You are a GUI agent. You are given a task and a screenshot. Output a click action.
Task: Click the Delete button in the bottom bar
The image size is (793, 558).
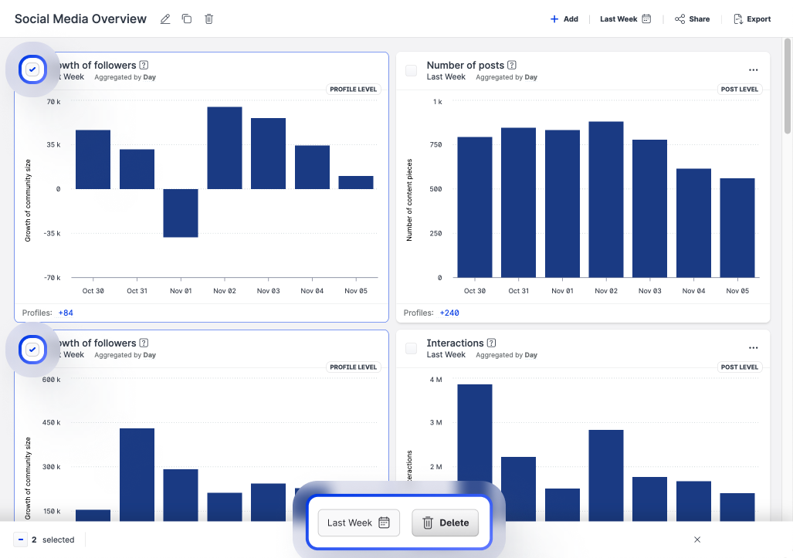pos(446,522)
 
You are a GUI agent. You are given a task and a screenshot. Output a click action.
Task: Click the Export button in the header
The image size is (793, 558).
pos(752,19)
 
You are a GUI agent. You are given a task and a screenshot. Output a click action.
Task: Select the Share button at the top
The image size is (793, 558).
pos(692,19)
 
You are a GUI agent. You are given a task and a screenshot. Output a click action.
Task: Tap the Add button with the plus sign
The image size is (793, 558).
pos(564,19)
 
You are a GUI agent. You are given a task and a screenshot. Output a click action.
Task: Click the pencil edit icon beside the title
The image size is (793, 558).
pos(165,19)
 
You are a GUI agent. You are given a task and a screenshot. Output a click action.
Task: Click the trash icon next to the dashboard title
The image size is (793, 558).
pos(208,19)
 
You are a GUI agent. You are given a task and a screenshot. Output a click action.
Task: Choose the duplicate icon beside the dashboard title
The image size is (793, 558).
pos(187,19)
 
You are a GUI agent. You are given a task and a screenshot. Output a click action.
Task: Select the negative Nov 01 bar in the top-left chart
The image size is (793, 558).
pos(181,213)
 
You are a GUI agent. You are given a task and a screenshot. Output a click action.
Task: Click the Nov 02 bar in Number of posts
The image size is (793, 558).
pos(606,199)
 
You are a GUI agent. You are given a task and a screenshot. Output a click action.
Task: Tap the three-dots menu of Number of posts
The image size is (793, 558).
pos(754,70)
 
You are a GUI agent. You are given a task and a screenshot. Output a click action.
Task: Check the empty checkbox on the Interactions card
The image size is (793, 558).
pos(411,348)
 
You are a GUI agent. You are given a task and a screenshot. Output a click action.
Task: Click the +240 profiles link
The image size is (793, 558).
pos(449,313)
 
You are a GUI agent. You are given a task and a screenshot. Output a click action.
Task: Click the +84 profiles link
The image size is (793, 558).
pos(66,313)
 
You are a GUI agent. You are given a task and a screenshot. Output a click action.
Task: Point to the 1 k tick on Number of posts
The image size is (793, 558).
pos(437,102)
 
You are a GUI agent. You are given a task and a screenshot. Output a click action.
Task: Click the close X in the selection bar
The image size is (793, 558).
pos(697,539)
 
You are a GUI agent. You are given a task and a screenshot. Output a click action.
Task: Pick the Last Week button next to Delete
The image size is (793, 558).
pos(358,522)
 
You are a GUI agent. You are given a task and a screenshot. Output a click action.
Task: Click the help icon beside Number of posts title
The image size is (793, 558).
pos(512,66)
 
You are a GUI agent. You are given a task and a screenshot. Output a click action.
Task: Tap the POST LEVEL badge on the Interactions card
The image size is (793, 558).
pos(740,367)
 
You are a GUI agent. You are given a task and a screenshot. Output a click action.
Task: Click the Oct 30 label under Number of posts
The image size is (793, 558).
pos(475,291)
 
